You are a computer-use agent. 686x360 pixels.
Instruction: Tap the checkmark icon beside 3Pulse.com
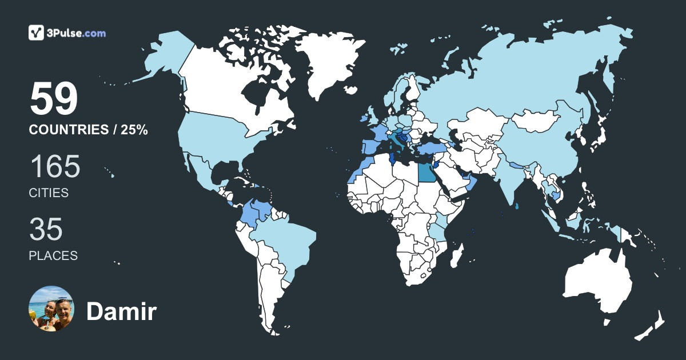coord(37,33)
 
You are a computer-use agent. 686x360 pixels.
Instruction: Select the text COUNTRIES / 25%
coord(89,130)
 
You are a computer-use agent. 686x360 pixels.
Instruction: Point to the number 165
coord(55,167)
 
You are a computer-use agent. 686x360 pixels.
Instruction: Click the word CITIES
coord(49,193)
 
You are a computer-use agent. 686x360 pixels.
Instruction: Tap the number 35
coord(46,230)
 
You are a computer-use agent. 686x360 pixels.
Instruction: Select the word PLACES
coord(53,256)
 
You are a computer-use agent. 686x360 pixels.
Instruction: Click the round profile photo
coord(51,309)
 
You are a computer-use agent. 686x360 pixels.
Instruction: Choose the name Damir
coord(121,311)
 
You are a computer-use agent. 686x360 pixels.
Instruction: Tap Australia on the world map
coord(597,280)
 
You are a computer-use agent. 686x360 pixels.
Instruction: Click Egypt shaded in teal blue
coord(426,171)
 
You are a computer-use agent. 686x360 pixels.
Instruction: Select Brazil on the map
coord(286,240)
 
